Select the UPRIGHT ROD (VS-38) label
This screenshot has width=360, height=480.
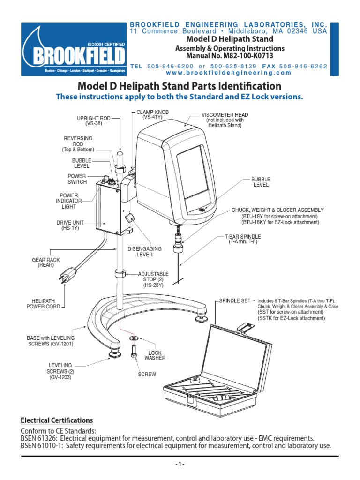[94, 121]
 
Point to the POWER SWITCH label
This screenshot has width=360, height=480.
[77, 179]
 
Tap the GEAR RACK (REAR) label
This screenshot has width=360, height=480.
[46, 262]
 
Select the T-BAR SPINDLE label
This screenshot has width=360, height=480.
[243, 239]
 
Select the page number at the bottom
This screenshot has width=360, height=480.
[180, 465]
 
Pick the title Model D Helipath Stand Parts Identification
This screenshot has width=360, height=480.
[180, 86]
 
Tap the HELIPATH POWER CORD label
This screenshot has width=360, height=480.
[42, 303]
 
